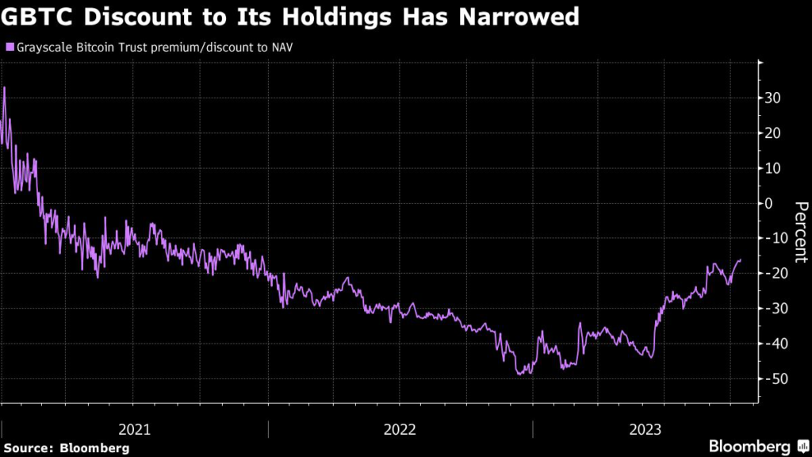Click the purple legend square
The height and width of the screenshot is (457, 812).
pyautogui.click(x=10, y=47)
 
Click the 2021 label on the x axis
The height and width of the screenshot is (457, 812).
pyautogui.click(x=135, y=429)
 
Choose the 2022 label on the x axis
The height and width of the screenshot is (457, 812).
pyautogui.click(x=400, y=429)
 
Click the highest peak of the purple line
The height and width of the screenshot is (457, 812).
pyautogui.click(x=5, y=87)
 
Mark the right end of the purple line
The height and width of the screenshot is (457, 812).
pyautogui.click(x=741, y=259)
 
